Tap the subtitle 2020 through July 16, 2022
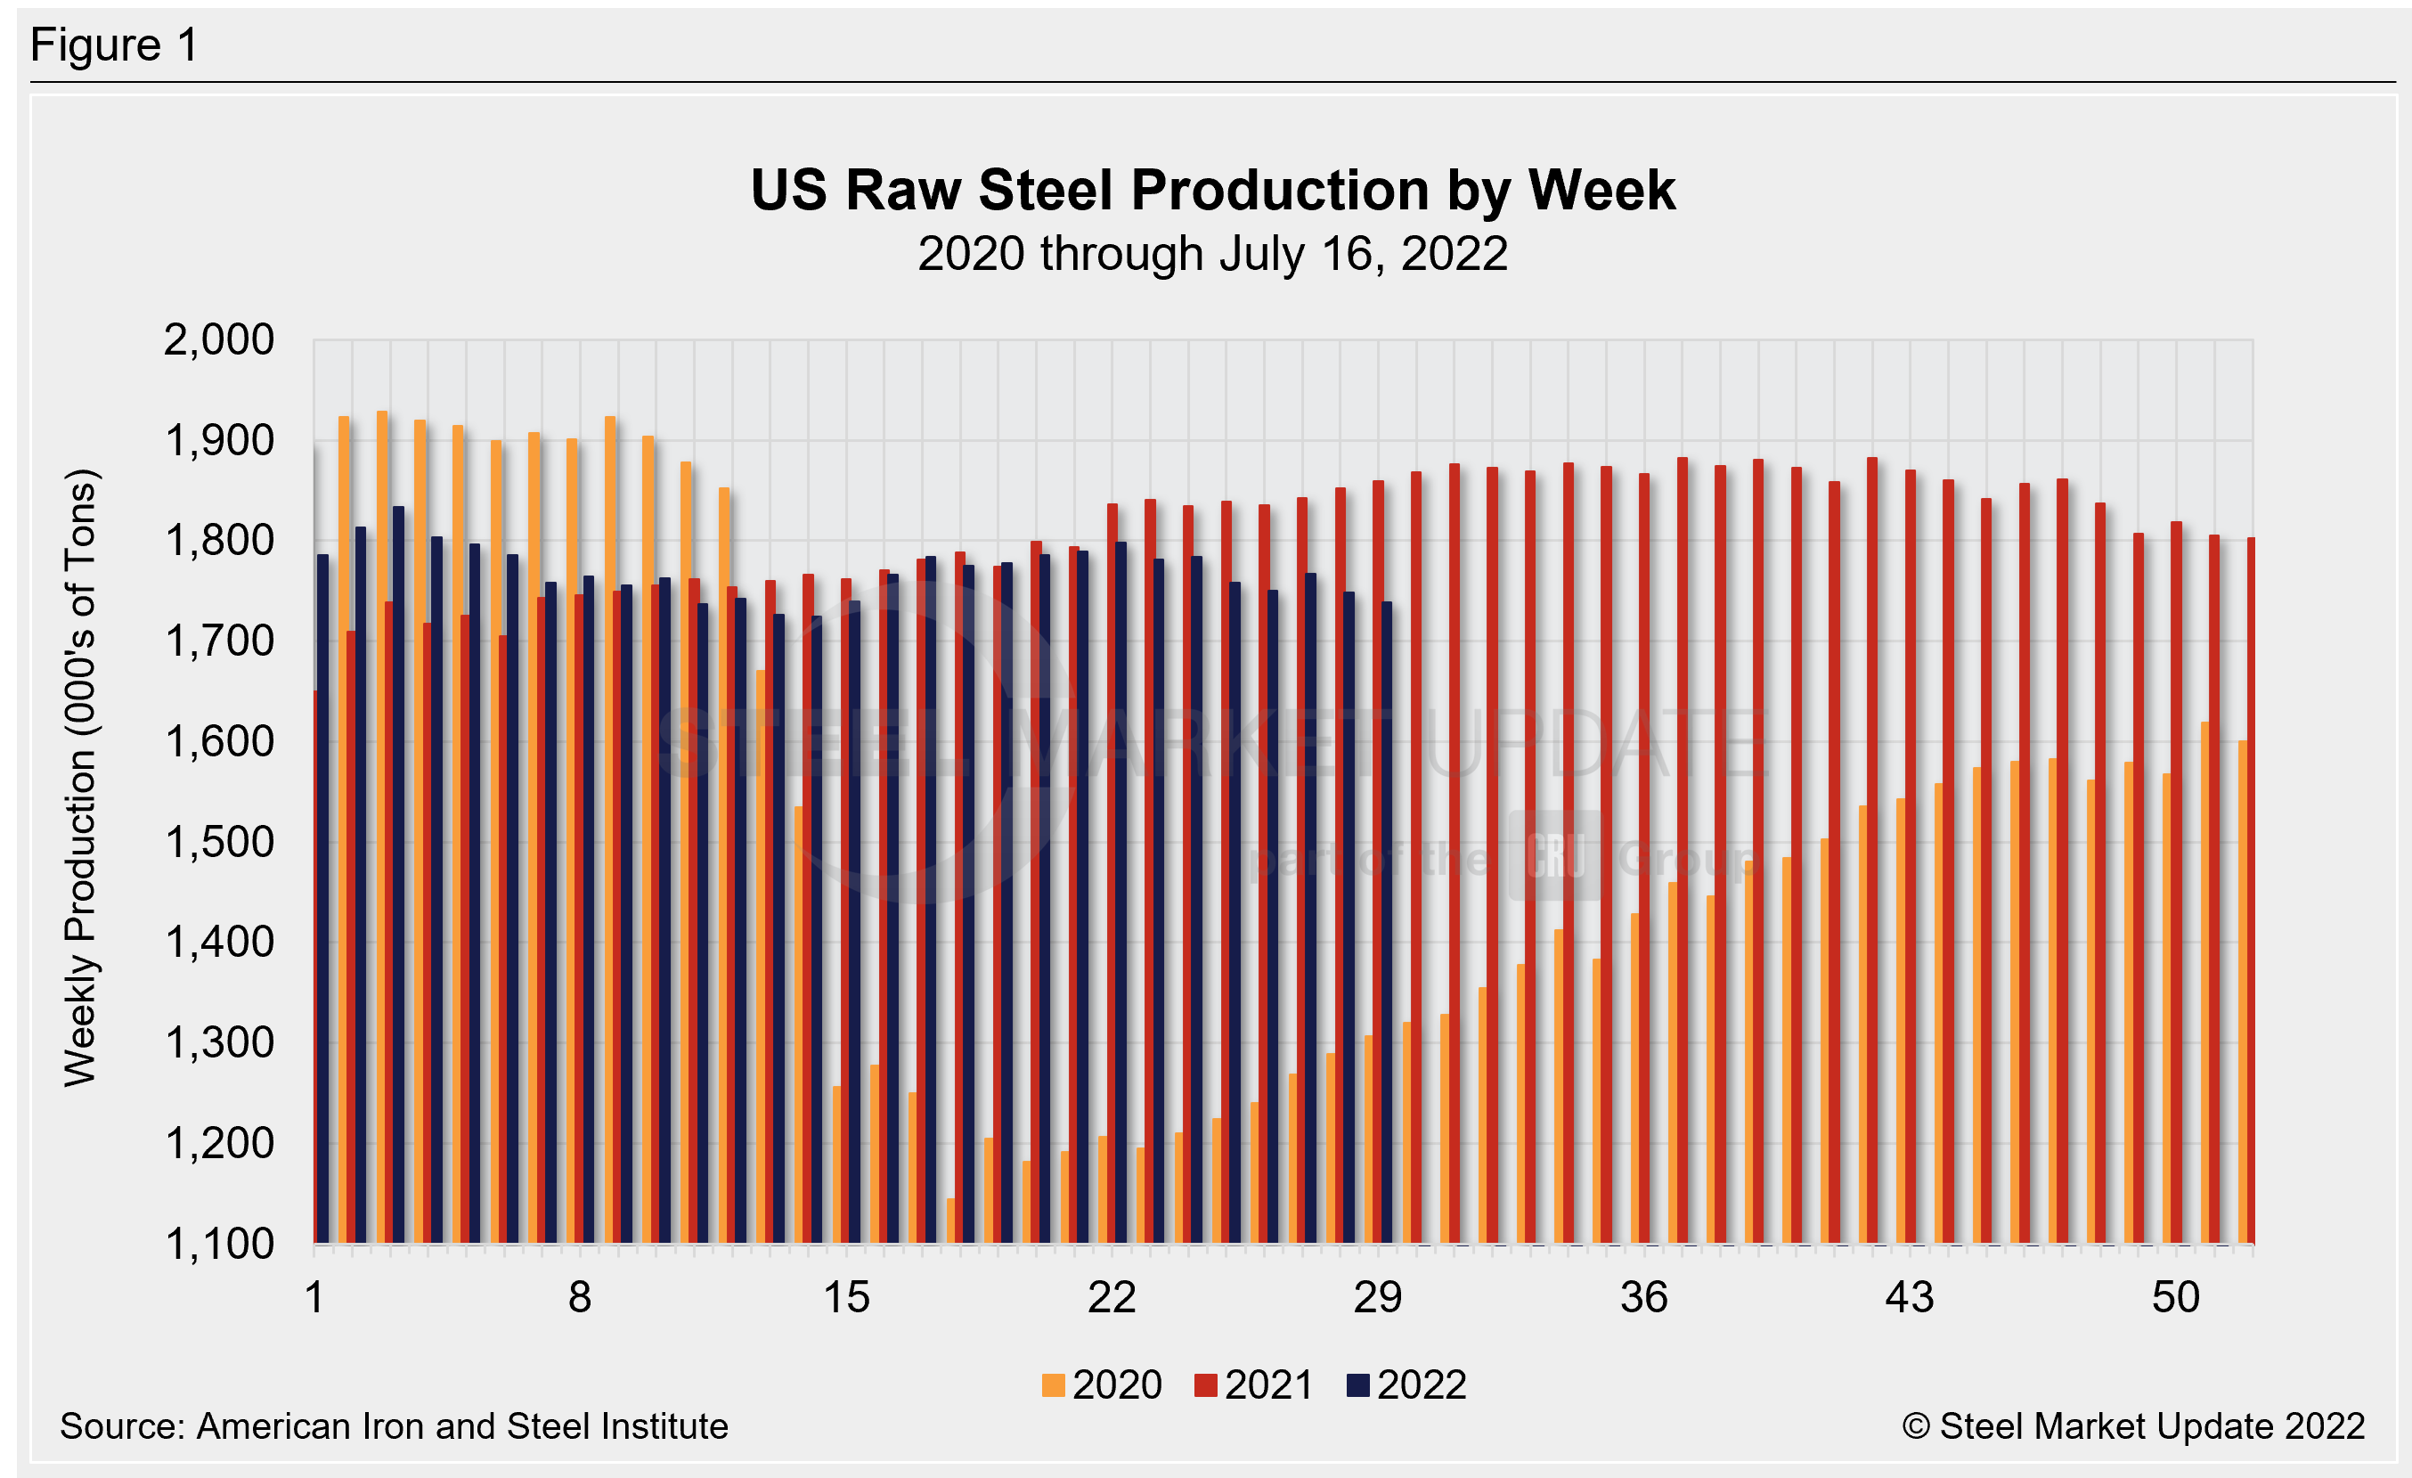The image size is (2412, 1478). (x=1212, y=254)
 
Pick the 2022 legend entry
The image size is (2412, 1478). (x=1406, y=1385)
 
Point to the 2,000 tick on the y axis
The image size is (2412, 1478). (x=219, y=340)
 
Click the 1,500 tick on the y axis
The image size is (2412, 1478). (x=219, y=843)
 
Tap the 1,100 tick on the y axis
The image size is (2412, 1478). (x=219, y=1244)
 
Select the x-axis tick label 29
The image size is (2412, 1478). (x=1377, y=1298)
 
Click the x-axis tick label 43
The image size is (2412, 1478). (x=1909, y=1298)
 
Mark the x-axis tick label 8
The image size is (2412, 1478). (x=580, y=1298)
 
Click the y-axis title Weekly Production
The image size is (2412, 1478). (x=80, y=778)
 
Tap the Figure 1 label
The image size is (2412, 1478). (x=115, y=45)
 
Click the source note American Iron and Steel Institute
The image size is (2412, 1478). (x=394, y=1426)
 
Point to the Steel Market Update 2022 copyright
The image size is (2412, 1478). (x=2133, y=1426)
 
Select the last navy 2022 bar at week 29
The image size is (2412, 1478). (x=1386, y=920)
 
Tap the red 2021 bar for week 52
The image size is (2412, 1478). (x=2251, y=891)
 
